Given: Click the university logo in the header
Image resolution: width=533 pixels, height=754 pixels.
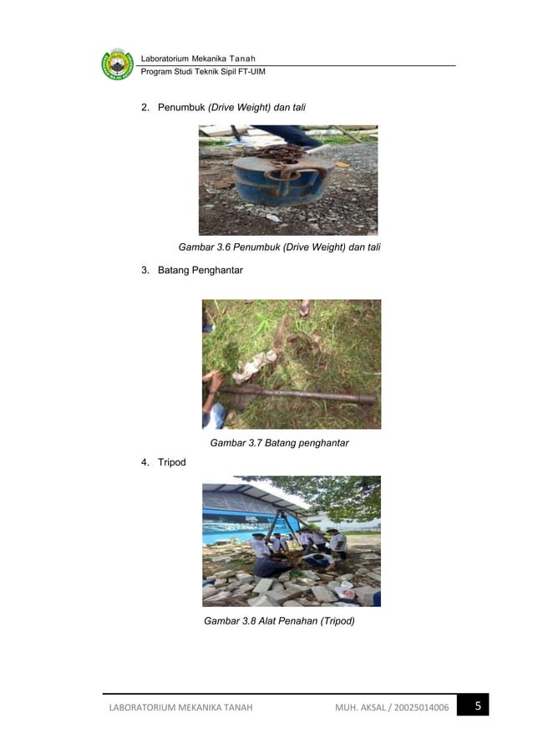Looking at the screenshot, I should pyautogui.click(x=117, y=64).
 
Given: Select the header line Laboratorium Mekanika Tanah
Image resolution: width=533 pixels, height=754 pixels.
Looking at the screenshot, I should pyautogui.click(x=198, y=58).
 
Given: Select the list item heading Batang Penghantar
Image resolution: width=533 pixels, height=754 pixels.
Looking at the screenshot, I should pyautogui.click(x=201, y=270).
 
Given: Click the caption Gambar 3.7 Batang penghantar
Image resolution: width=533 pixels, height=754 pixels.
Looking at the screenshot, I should pyautogui.click(x=279, y=443).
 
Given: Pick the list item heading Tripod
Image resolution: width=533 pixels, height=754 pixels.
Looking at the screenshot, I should pyautogui.click(x=171, y=462).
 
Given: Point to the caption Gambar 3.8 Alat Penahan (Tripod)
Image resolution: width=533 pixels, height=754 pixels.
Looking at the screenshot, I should pyautogui.click(x=279, y=621).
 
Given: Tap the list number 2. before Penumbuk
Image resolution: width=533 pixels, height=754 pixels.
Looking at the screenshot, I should pyautogui.click(x=145, y=108).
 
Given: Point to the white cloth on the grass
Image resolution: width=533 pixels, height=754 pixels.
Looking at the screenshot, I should pyautogui.click(x=256, y=364).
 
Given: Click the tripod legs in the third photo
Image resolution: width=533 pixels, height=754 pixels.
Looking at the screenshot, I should pyautogui.click(x=282, y=527).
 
